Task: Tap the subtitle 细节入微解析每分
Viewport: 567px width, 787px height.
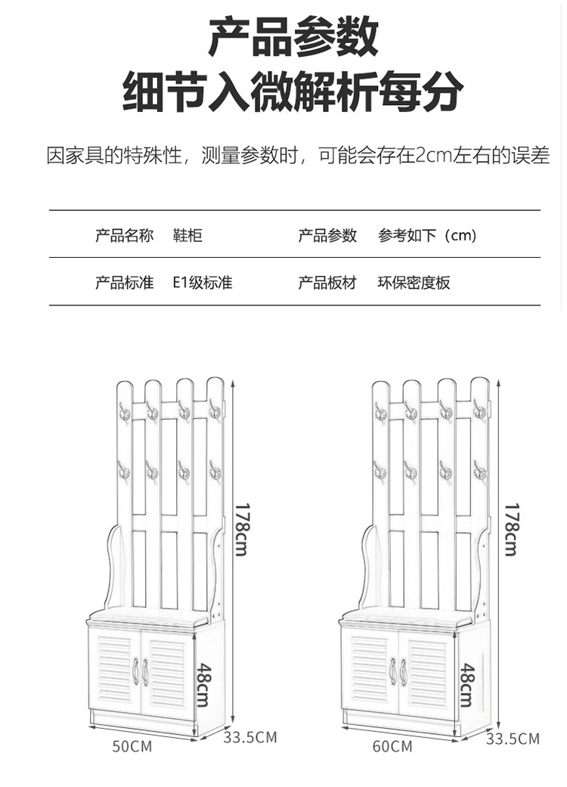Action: pos(293,92)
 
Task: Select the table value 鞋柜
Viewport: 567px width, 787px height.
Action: pos(187,236)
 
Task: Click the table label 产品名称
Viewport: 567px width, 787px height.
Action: pos(124,236)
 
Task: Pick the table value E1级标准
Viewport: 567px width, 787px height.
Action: pos(202,283)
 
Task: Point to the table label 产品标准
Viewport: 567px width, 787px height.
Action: pos(124,283)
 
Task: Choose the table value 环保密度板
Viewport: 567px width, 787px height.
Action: pos(414,283)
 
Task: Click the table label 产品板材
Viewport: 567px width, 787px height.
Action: pos(327,283)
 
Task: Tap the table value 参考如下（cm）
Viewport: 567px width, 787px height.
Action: pos(428,236)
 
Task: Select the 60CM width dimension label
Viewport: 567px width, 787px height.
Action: pos(392,746)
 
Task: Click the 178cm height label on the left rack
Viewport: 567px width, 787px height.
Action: pos(240,529)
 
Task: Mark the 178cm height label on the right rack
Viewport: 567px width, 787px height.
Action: pos(511,529)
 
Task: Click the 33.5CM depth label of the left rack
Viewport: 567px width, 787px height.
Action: pos(249,737)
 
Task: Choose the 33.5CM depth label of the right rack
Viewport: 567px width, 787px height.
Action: pos(513,739)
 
